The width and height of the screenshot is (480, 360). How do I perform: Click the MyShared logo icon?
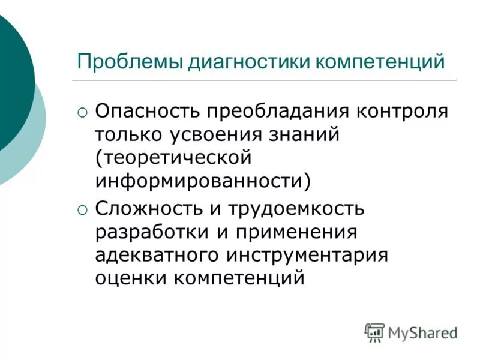click(374, 332)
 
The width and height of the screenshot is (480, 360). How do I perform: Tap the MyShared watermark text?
click(422, 332)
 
